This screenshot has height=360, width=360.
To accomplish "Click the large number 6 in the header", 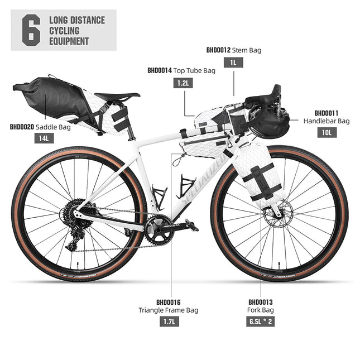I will pyautogui.click(x=31, y=31).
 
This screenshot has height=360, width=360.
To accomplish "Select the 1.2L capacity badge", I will pyautogui.click(x=182, y=83).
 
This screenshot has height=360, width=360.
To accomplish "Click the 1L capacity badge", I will pyautogui.click(x=233, y=63).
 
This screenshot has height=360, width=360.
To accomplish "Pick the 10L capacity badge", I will pyautogui.click(x=327, y=132).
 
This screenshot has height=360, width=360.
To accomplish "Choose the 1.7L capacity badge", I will pyautogui.click(x=168, y=321).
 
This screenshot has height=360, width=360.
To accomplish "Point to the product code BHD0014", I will pyautogui.click(x=159, y=71).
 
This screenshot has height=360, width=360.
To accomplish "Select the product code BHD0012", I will pyautogui.click(x=218, y=50).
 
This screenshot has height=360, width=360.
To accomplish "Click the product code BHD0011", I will pyautogui.click(x=327, y=112).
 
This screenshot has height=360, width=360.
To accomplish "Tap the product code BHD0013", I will pyautogui.click(x=261, y=301).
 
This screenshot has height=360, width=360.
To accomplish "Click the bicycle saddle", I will pyautogui.click(x=117, y=97).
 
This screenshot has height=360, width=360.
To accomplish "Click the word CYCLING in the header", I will pyautogui.click(x=65, y=31).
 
